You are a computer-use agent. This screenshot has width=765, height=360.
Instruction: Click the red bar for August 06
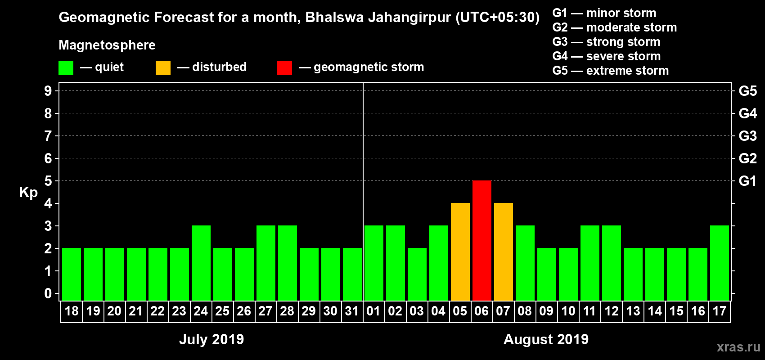click(481, 240)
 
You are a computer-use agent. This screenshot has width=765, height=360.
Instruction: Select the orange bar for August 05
click(460, 252)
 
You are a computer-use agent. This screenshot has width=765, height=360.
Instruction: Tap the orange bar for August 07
click(503, 252)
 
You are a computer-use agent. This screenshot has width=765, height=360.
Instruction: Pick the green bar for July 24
click(201, 263)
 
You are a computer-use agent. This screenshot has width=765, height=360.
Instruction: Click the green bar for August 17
click(719, 263)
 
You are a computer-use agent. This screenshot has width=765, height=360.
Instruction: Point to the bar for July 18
click(71, 274)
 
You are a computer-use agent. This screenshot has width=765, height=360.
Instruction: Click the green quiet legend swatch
click(66, 68)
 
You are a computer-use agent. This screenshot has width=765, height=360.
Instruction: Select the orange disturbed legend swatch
click(163, 68)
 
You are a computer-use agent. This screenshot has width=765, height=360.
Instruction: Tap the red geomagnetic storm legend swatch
click(284, 68)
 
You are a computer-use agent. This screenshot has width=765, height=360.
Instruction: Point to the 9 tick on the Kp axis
click(48, 91)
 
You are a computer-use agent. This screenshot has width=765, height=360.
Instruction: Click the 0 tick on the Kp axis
click(48, 293)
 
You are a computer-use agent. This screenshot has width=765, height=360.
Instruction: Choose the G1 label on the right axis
click(747, 181)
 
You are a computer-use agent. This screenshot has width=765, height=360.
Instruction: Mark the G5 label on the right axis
click(747, 91)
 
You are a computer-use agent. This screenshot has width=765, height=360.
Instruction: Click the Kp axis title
click(28, 192)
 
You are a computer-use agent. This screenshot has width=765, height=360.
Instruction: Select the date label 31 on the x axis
click(351, 311)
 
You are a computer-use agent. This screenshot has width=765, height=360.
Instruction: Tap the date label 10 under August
click(568, 311)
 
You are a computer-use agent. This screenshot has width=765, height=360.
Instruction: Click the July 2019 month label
click(211, 339)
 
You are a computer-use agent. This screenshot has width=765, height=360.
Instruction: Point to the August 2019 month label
click(546, 339)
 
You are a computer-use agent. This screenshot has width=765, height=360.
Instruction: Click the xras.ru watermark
click(738, 347)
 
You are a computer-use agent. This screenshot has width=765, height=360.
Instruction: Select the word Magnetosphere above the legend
click(107, 45)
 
